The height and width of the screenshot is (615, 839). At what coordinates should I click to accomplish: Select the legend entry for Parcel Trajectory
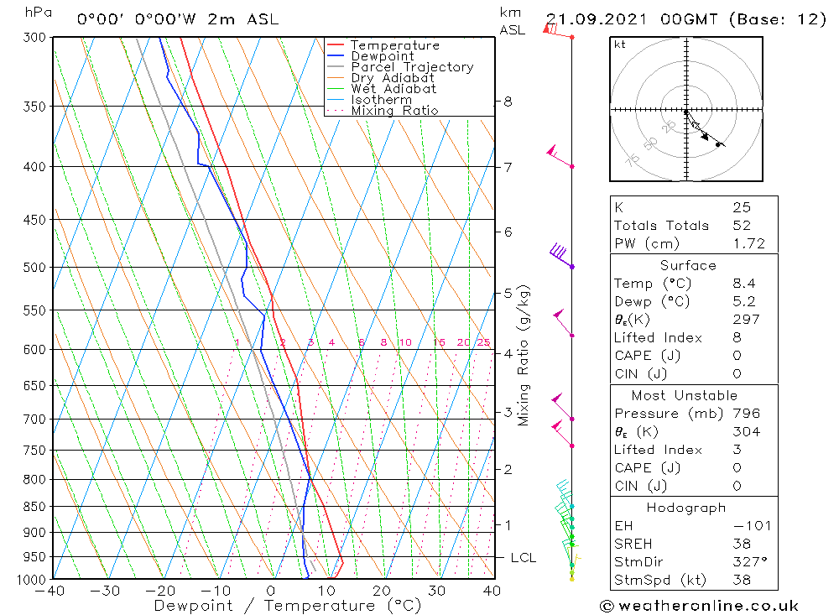(x=412, y=67)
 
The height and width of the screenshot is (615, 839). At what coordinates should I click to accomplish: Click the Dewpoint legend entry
(x=382, y=56)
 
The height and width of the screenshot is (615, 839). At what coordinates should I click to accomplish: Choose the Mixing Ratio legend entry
(x=394, y=110)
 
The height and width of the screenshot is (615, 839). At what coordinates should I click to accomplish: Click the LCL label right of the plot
(x=523, y=557)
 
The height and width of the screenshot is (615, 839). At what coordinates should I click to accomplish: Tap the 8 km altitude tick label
(x=508, y=102)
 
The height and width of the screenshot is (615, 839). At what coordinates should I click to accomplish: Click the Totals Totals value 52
(x=742, y=225)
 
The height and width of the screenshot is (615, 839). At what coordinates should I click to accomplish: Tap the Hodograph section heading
(x=686, y=508)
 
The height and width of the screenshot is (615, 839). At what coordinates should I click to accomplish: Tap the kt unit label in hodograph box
(x=620, y=44)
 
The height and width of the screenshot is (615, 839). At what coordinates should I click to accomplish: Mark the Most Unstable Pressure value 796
(x=746, y=414)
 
